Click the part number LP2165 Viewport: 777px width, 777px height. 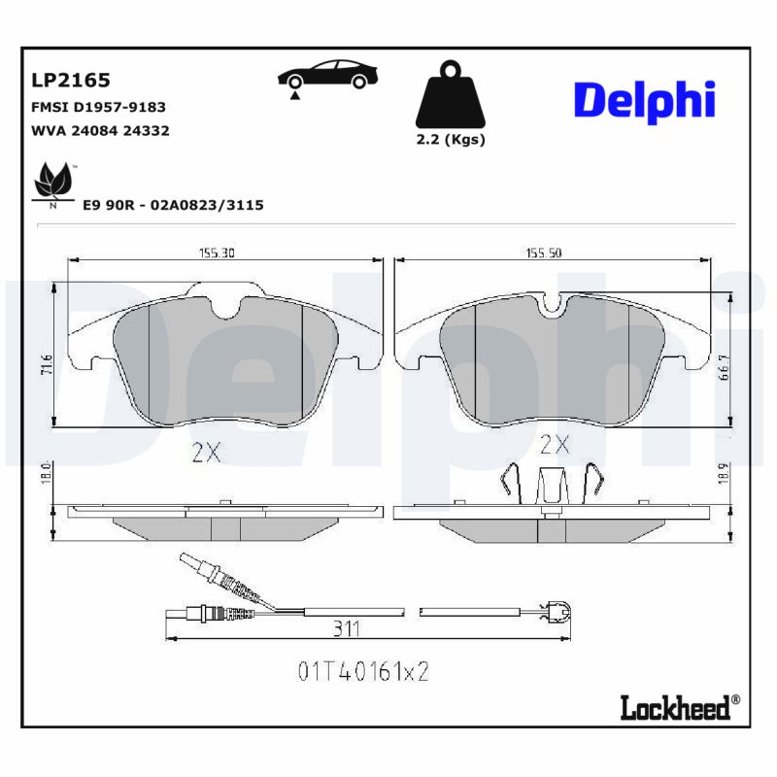point(72,80)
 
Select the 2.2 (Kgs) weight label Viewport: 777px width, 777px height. point(450,139)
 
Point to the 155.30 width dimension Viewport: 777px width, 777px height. point(218,253)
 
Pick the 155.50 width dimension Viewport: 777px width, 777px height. point(544,253)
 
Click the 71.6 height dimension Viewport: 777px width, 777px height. point(46,366)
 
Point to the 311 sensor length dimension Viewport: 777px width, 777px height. point(346,629)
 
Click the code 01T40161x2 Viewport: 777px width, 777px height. point(361,671)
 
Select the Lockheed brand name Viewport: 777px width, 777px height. point(675,708)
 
